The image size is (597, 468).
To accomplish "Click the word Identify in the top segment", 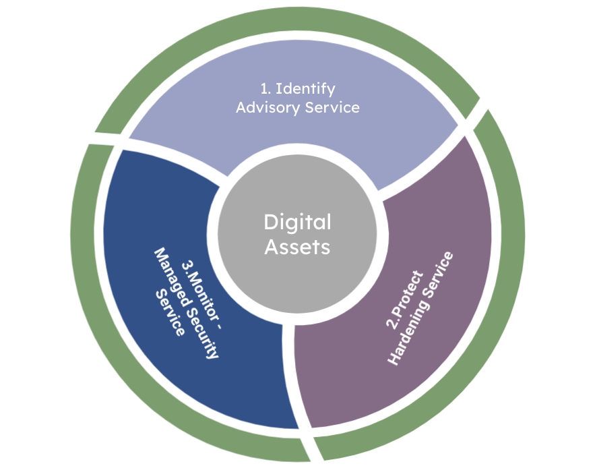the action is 305,89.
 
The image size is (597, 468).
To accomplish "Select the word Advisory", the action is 268,108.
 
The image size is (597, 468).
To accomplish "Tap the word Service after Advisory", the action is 332,107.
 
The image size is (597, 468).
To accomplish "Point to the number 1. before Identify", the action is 265,89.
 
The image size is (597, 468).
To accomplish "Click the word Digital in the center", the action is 297,223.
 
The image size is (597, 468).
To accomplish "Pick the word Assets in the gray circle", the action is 297,247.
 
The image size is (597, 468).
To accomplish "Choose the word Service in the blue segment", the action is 170,312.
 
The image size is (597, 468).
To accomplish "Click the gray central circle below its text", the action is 297,286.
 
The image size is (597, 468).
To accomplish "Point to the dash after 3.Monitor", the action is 218,325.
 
